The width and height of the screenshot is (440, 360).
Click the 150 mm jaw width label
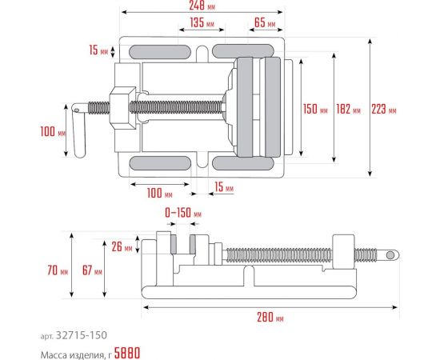point(316,110)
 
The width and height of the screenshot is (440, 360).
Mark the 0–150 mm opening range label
point(183,214)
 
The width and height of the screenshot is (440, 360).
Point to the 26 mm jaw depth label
point(122,247)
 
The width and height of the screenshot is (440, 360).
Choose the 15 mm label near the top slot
point(98,51)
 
